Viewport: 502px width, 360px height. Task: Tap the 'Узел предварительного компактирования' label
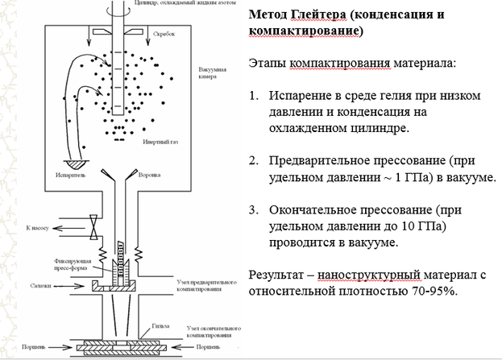tap(210, 288)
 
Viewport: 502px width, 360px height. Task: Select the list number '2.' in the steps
tap(254, 159)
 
